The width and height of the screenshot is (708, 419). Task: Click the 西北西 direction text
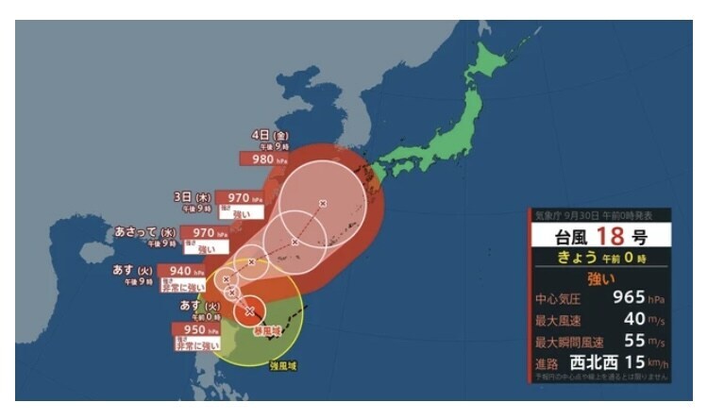(592, 361)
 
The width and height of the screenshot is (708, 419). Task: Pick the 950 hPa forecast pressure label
(194, 330)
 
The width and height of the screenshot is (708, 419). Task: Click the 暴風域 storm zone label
(266, 332)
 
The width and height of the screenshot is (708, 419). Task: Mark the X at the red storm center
(250, 310)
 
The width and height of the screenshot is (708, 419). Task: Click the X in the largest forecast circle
(322, 203)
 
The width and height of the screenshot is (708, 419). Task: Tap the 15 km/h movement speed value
(642, 361)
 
